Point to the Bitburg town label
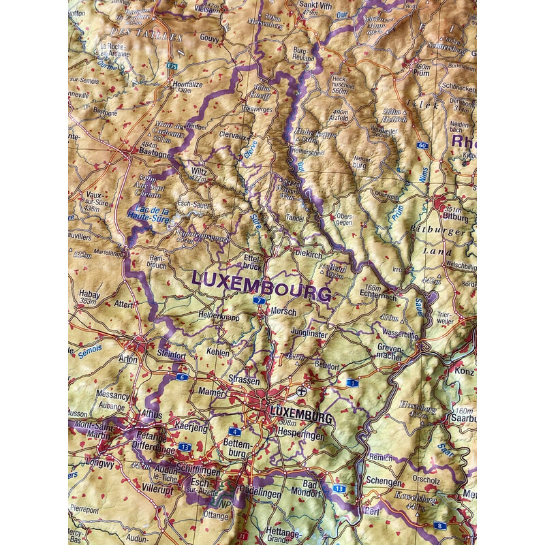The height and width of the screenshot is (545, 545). pos(455,218)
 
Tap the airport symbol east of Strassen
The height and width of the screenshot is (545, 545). pos(302,392)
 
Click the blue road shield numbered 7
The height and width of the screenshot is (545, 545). pos(259,300)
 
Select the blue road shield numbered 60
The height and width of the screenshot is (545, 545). pos(423,146)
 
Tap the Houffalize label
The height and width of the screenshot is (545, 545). pos(184,84)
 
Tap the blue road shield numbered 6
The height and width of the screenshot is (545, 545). pos(181,377)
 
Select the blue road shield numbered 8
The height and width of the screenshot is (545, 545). pos(440,526)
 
